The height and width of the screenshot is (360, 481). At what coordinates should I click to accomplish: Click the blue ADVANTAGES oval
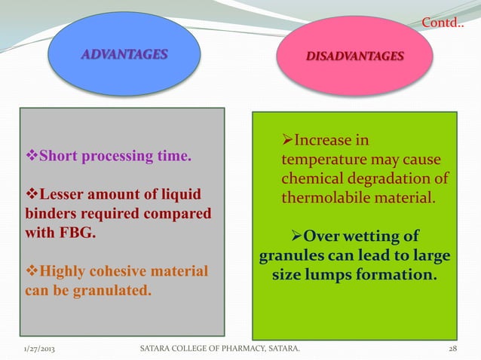click(125, 54)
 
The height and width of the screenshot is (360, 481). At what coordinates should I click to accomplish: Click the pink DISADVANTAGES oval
click(354, 56)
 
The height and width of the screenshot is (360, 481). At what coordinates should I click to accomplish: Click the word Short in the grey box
click(57, 157)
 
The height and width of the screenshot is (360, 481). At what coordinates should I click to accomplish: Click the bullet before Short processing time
click(32, 157)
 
